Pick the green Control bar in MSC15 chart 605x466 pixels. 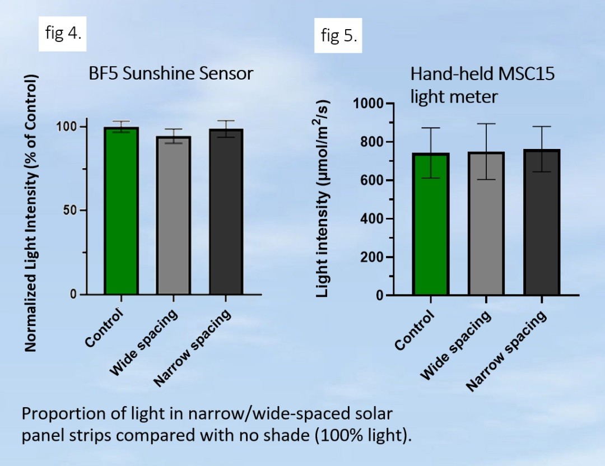(431, 224)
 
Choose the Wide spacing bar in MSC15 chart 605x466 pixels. (486, 223)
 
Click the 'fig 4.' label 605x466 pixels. (63, 32)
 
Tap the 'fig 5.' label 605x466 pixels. (338, 36)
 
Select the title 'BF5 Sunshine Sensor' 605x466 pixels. (171, 74)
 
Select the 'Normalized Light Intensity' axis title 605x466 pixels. (31, 213)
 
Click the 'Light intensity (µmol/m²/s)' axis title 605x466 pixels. (323, 199)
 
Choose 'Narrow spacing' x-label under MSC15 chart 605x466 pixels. (507, 351)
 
